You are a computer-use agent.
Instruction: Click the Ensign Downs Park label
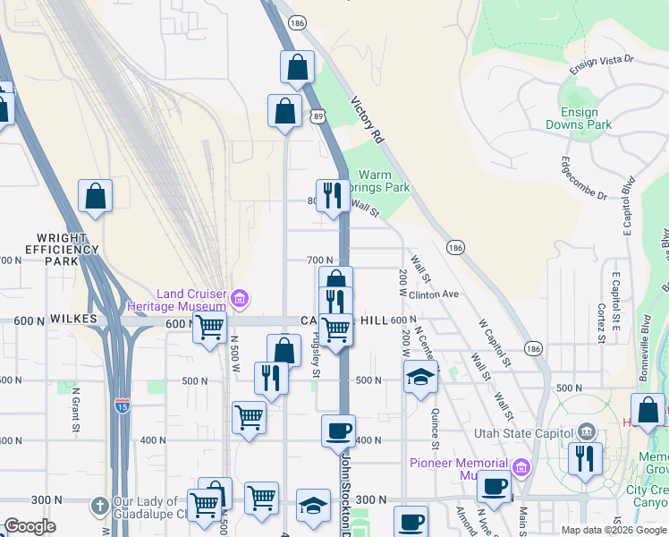(x=586, y=118)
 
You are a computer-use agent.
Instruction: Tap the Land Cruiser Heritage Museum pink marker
(x=239, y=298)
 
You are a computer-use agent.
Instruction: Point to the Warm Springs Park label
(x=383, y=182)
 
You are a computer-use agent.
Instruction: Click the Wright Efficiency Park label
(x=55, y=250)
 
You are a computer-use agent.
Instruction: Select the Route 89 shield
(x=319, y=115)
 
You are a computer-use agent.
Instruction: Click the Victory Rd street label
(x=366, y=121)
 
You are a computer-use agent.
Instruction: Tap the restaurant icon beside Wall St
(x=333, y=194)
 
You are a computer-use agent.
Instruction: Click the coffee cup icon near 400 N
(x=339, y=430)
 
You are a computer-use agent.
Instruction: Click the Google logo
(x=30, y=526)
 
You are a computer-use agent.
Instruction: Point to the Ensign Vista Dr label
(x=601, y=64)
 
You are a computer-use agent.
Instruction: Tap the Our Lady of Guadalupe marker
(x=101, y=507)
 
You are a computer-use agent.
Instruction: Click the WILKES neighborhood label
(x=72, y=319)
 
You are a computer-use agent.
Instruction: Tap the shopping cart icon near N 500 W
(x=210, y=328)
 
